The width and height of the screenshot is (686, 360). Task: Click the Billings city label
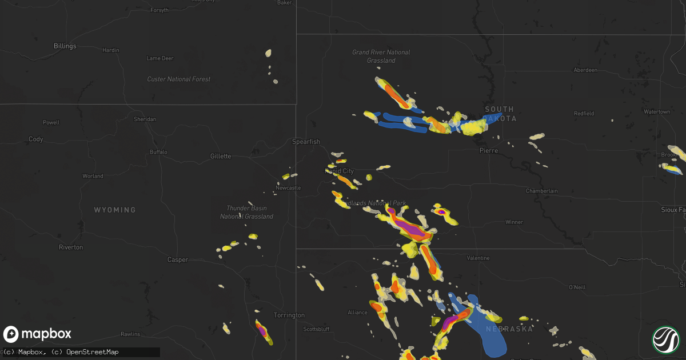point(65,46)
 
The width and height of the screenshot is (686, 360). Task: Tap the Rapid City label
point(340,171)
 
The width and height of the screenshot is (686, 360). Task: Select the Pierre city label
point(489,151)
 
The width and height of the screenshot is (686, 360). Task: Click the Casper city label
point(177,259)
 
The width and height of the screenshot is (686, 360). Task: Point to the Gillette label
point(220,156)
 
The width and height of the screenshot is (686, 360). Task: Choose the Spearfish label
point(306,142)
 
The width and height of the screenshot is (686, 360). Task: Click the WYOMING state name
point(115,210)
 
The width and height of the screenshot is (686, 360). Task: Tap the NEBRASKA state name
point(509,329)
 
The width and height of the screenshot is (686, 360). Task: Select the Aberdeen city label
point(585,70)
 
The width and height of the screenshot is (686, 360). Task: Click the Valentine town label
point(478,258)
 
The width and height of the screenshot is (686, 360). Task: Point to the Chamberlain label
point(541,191)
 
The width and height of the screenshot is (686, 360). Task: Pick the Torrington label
point(289,315)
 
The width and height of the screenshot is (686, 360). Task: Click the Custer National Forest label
point(178,79)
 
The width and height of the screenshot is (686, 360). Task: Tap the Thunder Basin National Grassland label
point(246,212)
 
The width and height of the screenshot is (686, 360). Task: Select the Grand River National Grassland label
point(381,56)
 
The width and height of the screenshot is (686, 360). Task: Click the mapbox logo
point(37,334)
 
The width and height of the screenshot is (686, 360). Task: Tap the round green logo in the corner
point(666,339)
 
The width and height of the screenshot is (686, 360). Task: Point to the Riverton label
point(71,247)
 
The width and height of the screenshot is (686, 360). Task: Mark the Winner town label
point(513,222)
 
